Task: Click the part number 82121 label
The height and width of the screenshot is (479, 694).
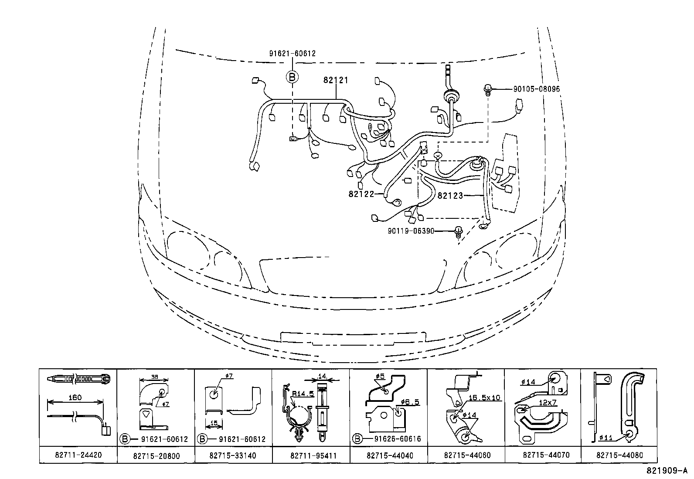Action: point(336,80)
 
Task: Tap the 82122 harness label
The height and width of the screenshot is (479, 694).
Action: point(361,194)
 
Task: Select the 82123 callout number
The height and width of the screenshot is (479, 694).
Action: point(450,196)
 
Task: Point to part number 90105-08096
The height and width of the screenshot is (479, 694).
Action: point(536,89)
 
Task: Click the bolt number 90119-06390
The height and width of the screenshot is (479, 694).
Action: point(411,231)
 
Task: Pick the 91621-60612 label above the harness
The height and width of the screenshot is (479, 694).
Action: point(292,54)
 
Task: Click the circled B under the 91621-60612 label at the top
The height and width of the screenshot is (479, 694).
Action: point(292,77)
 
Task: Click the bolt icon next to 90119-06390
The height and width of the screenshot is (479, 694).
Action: point(458,231)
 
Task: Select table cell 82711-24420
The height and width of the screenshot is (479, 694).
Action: point(78,455)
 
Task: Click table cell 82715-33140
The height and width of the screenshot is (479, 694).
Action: point(233,455)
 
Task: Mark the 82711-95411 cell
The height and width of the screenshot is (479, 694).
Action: point(310,455)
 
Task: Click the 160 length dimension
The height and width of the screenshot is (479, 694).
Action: point(75,397)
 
